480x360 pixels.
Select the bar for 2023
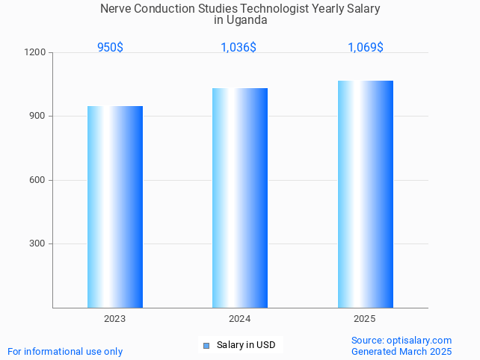pos(115,207)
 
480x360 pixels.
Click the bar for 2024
pos(240,198)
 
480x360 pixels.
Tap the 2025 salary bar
pos(365,194)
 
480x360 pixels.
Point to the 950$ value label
pos(111,48)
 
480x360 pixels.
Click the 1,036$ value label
pos(239,48)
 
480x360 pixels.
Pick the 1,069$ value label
pos(366,48)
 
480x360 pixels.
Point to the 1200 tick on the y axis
pos(37,53)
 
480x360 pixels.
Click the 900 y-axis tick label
pos(38,117)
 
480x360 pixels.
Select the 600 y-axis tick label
pos(38,180)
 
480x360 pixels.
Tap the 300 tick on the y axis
pos(38,244)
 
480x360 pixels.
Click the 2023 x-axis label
pos(115,319)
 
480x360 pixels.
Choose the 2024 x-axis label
pos(240,319)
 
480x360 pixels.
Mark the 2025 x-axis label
pos(365,319)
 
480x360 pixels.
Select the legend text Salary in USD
pos(246,345)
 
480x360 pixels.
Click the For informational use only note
pos(65,352)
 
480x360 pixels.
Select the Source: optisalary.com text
pos(401,341)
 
